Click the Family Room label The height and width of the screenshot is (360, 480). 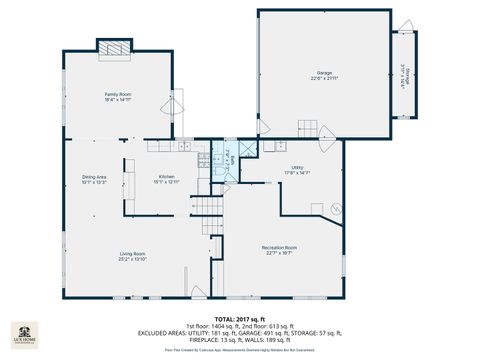click(118, 94)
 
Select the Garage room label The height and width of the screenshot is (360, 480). click(324, 73)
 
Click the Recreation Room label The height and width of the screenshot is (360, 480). click(280, 247)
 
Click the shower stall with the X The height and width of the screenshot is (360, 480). click(247, 147)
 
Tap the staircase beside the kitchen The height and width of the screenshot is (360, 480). click(205, 208)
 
